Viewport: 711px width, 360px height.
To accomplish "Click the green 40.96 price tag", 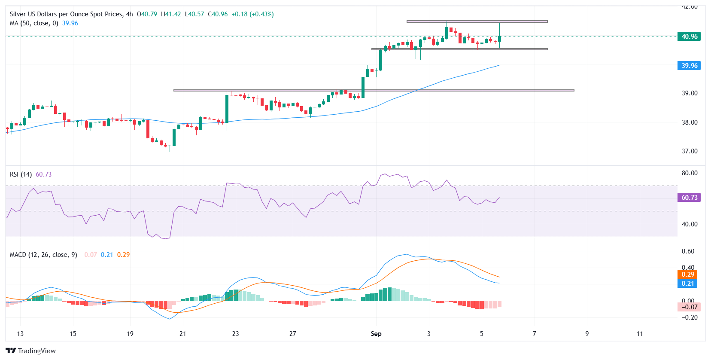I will coord(689,37).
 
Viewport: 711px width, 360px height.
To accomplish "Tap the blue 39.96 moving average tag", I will coord(689,66).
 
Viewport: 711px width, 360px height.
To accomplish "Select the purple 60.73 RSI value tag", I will coord(689,198).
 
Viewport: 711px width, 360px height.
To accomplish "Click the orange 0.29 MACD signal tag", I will coord(687,275).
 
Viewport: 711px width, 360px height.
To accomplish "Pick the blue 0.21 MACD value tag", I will coord(687,284).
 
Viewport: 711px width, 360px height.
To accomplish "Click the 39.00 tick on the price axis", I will coord(690,93).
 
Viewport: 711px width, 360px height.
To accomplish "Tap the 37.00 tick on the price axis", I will coord(690,151).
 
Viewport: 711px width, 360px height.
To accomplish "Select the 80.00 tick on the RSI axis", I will coord(690,173).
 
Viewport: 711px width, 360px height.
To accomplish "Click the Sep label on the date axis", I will coord(376,334).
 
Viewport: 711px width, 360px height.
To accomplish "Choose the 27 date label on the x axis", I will coord(292,334).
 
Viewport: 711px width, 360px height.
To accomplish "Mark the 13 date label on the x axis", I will coord(20,334).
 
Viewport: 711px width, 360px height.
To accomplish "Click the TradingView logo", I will coord(31,351).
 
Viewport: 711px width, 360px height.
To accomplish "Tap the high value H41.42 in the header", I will coord(171,14).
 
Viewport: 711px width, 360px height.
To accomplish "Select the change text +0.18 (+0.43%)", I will coord(252,14).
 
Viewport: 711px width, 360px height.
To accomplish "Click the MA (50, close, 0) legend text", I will coord(34,23).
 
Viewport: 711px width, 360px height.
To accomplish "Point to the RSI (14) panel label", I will coord(21,174).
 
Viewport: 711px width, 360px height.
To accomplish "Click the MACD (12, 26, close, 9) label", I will coord(43,255).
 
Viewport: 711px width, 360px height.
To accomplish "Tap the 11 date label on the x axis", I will coord(640,334).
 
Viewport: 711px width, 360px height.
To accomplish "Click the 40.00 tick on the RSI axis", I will coord(690,224).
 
